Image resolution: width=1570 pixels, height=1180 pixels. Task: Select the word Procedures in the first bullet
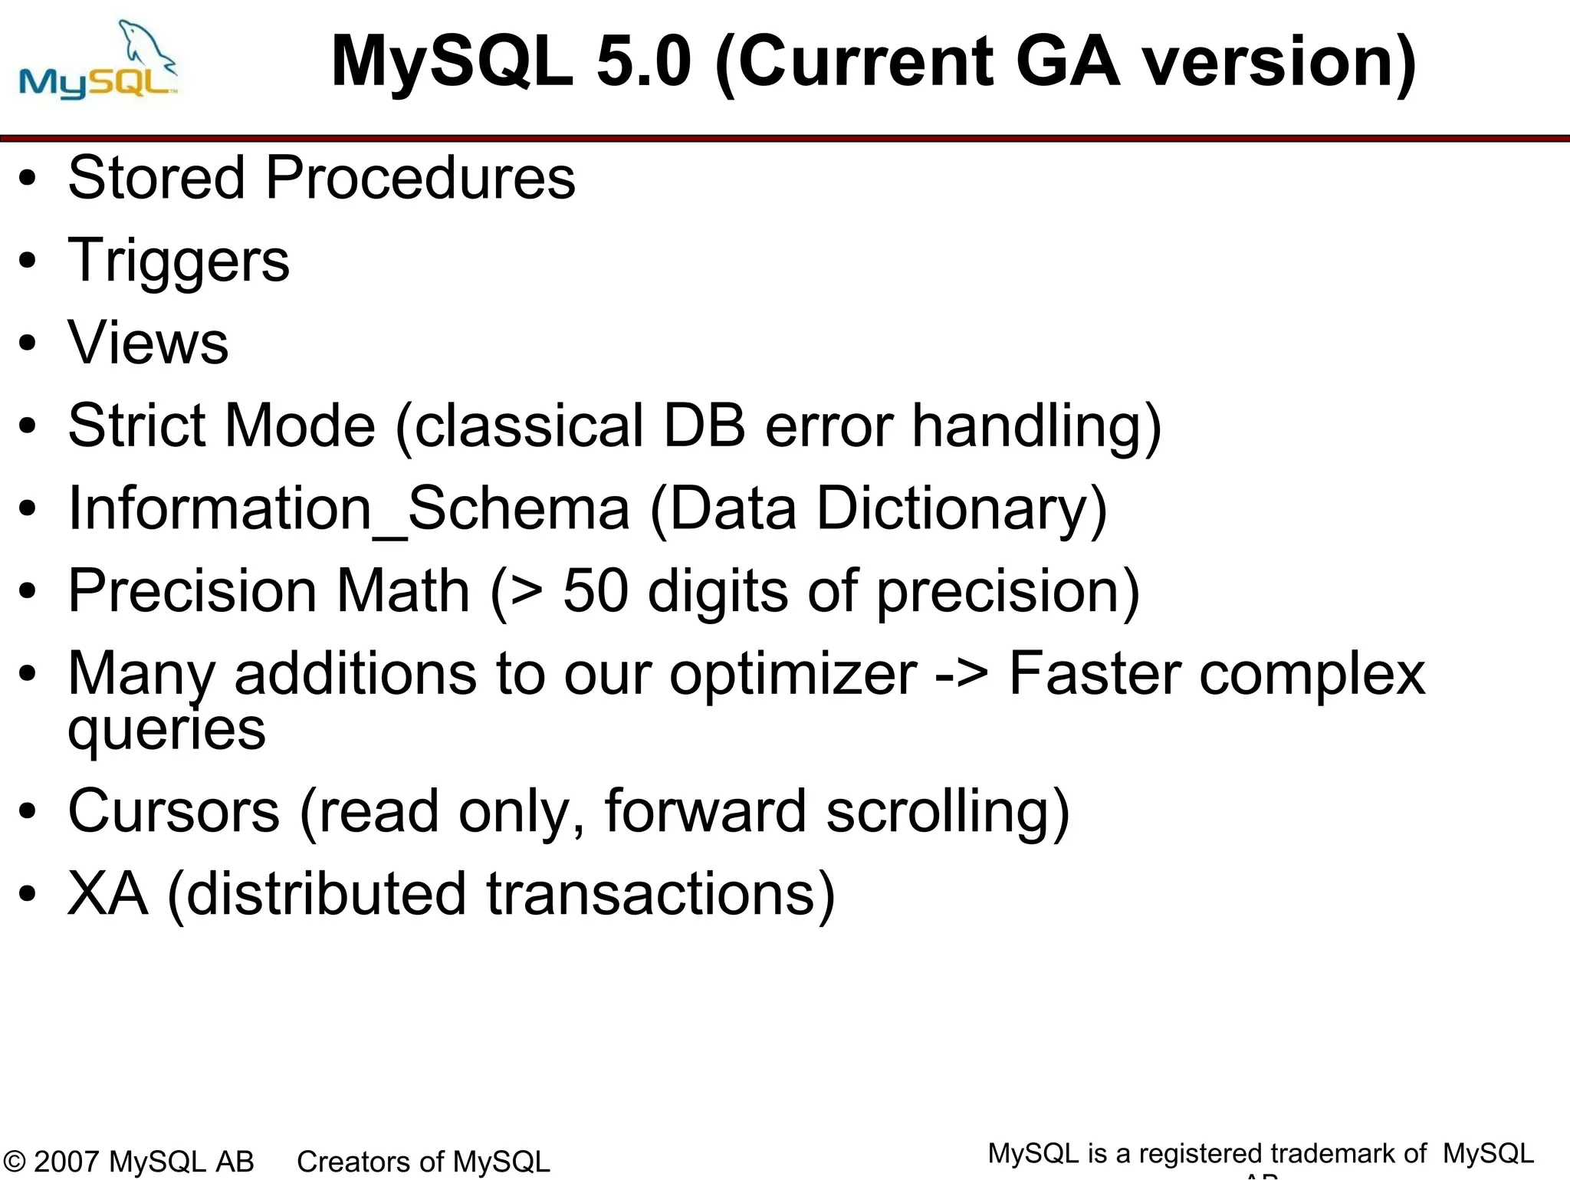pos(420,178)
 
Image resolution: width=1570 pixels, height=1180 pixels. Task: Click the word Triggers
pos(179,261)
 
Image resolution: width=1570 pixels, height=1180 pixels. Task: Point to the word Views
pos(148,343)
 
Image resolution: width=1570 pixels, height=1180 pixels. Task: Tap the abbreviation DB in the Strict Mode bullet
pos(704,426)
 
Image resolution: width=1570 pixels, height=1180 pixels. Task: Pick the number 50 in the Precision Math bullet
pos(596,591)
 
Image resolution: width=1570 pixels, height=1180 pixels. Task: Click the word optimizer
pos(793,675)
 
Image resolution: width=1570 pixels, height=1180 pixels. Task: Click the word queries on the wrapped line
pos(166,731)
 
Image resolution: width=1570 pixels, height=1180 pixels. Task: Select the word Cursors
pos(174,811)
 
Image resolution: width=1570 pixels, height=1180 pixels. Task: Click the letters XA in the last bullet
pos(107,894)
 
